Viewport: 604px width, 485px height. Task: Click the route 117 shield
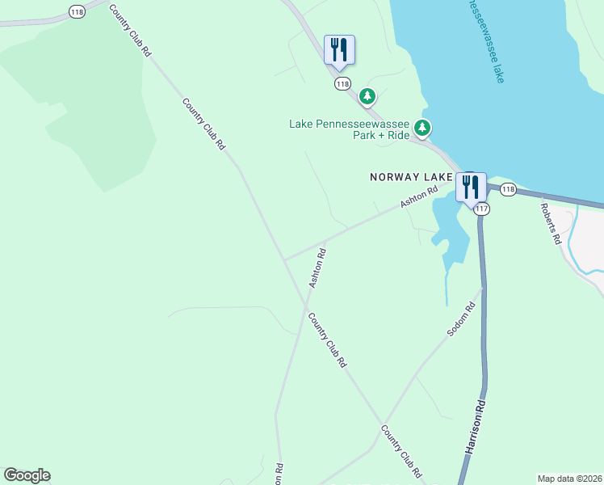coord(482,209)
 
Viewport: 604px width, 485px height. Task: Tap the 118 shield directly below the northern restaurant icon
coord(342,84)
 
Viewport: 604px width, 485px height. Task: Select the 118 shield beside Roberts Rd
coord(507,189)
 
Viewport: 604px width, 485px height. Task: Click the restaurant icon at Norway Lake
coord(470,187)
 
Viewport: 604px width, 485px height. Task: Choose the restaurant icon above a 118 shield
coord(339,49)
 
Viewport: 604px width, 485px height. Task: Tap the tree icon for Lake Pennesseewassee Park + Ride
coord(422,128)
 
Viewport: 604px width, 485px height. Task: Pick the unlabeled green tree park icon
coord(367,97)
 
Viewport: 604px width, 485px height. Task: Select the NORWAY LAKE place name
coord(412,176)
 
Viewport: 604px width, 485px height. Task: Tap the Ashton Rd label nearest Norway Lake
coord(420,197)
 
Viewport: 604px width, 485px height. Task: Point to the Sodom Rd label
coord(461,318)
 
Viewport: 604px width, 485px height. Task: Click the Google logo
coord(27,475)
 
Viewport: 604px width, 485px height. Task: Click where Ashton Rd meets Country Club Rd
coord(284,260)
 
